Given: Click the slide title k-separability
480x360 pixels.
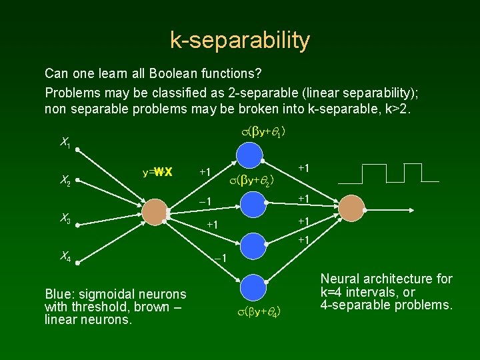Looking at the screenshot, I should tap(240, 41).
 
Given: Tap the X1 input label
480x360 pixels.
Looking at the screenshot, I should tap(65, 142).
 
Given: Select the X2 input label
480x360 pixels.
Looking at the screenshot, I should tap(65, 178).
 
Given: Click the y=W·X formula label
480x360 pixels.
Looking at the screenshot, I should tap(157, 172).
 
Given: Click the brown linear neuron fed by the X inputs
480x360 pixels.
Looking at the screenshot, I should tap(155, 211).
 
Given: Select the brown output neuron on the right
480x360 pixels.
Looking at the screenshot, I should tap(351, 208).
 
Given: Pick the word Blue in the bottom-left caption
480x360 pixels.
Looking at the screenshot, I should tap(56, 294).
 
